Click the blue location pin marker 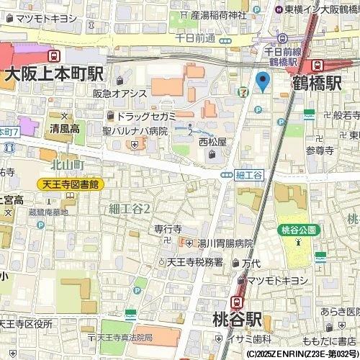point(263,81)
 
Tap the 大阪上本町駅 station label point(55,73)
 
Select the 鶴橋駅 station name point(317,84)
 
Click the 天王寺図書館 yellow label point(71,184)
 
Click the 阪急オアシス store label point(120,94)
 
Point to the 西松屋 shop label point(212,142)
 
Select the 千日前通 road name point(195,37)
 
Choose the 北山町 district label point(68,166)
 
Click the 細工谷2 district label point(130,209)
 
